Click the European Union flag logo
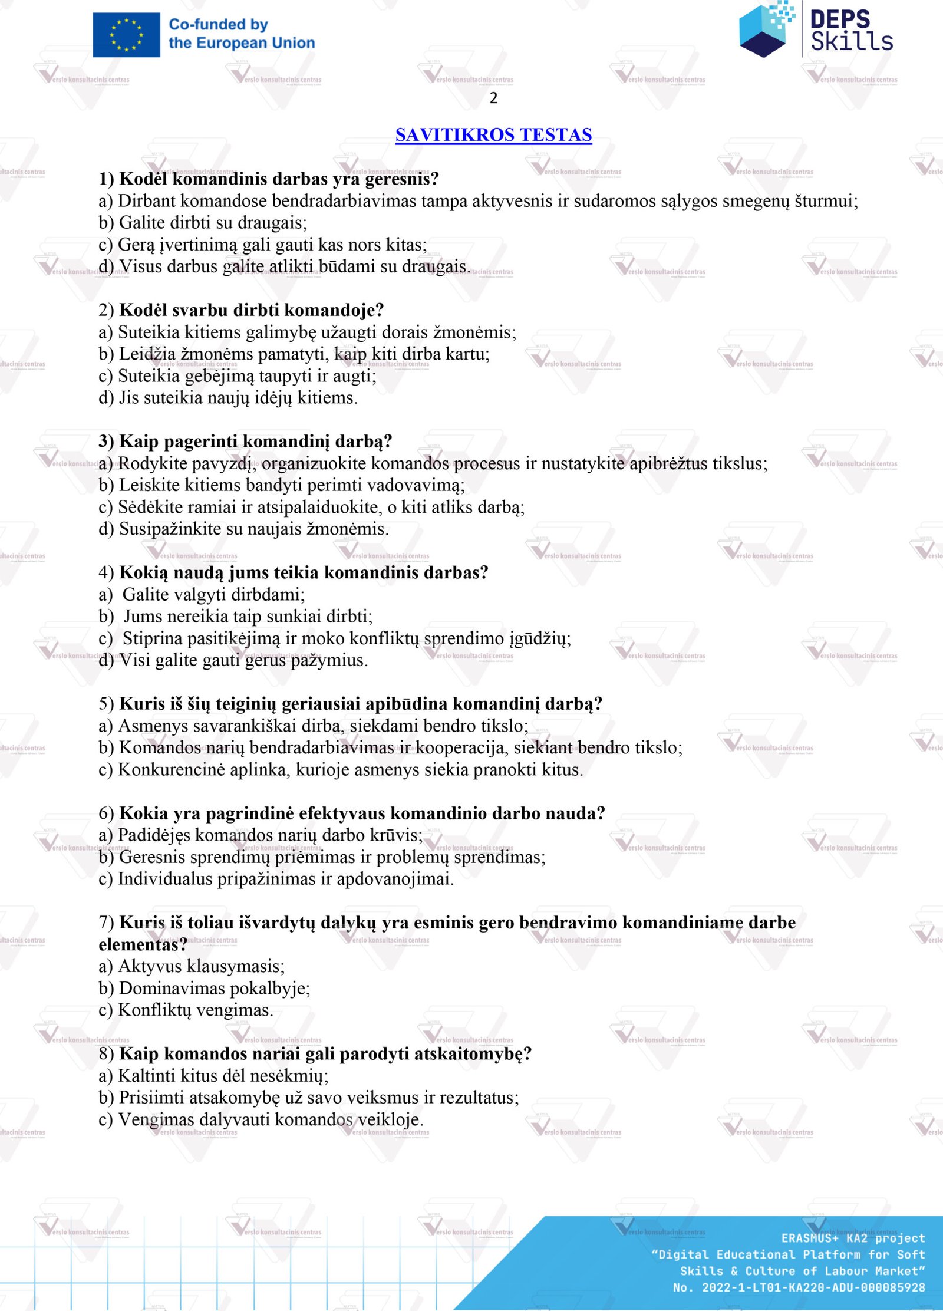pos(126,35)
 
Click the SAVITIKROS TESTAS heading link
pos(493,135)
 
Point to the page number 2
pos(493,98)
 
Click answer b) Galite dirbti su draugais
pos(203,223)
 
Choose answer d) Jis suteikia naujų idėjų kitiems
pos(228,398)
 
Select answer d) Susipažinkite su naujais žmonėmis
pos(243,529)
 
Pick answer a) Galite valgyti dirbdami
pos(202,594)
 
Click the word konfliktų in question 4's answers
pos(385,638)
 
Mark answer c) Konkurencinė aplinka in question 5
pos(341,770)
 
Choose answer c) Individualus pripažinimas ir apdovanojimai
pos(276,879)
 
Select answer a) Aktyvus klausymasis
pos(192,966)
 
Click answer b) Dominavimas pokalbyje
pos(205,989)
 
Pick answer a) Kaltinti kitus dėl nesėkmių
pos(213,1076)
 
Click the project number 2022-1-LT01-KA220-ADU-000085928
pos(813,1287)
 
